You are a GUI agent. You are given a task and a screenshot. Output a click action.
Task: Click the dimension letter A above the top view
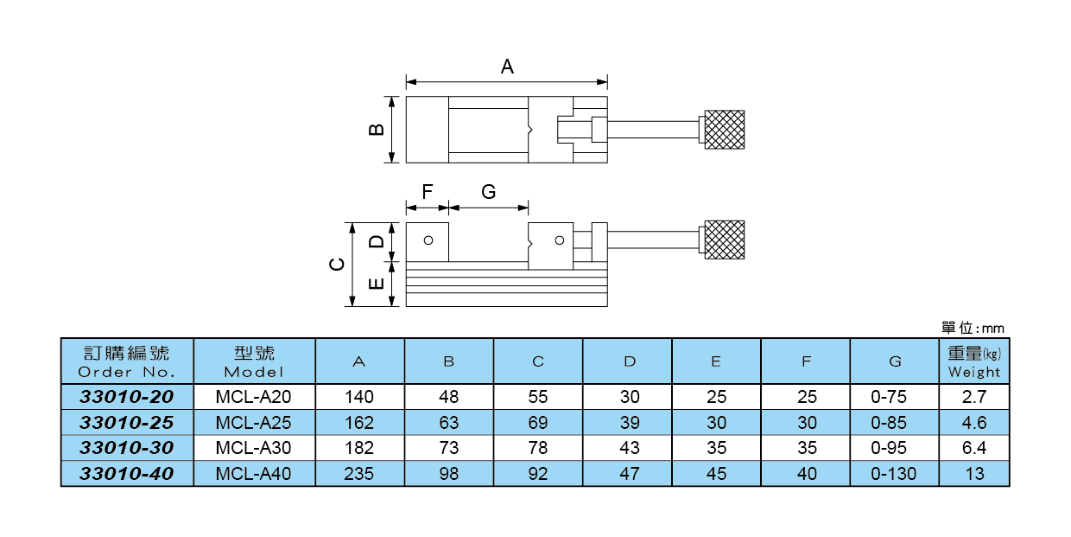click(508, 67)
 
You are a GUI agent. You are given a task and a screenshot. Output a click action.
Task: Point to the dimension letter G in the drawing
click(489, 192)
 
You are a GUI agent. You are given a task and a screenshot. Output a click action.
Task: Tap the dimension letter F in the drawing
click(427, 192)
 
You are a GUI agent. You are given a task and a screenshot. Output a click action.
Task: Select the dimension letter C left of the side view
click(338, 265)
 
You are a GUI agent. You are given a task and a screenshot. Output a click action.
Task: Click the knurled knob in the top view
click(725, 130)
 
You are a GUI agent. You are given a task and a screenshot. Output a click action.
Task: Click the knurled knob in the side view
click(725, 240)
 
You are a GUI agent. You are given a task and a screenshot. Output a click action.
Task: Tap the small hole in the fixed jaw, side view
click(428, 240)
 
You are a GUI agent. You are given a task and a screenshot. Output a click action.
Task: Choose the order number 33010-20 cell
click(127, 397)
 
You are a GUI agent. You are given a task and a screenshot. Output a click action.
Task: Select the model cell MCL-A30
click(254, 448)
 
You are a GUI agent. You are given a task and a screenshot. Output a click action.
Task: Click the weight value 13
click(974, 474)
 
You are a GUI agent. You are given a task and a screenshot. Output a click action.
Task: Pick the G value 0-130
click(894, 474)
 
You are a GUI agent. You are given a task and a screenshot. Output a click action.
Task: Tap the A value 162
click(359, 423)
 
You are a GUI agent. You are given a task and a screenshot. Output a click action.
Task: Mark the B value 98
click(449, 474)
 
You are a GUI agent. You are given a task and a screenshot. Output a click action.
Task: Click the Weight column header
click(974, 361)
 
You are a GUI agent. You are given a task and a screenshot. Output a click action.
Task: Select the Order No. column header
click(127, 361)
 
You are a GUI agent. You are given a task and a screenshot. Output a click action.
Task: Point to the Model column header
click(254, 361)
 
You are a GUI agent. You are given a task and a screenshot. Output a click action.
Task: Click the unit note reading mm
click(973, 329)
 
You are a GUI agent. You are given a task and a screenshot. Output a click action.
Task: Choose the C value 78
click(538, 448)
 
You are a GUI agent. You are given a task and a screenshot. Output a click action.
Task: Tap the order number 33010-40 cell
click(127, 474)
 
